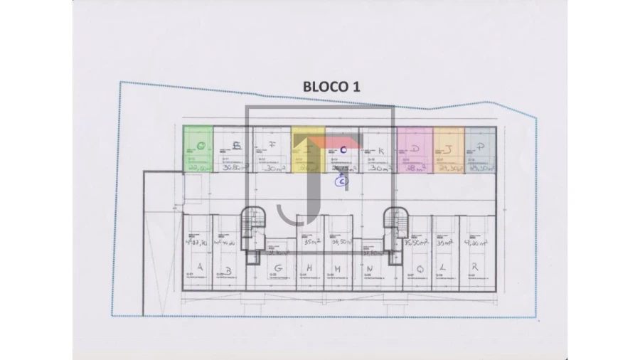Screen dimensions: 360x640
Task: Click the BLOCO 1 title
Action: [x=331, y=86]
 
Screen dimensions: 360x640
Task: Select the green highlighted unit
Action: [x=198, y=148]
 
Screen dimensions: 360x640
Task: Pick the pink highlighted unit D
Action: [x=415, y=149]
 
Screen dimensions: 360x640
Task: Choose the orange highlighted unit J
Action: [x=449, y=149]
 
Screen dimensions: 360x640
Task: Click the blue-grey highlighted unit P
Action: [x=481, y=149]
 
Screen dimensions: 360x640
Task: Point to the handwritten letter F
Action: [x=273, y=144]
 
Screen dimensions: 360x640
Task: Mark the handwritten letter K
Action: [x=381, y=150]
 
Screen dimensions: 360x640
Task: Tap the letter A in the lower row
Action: [x=200, y=268]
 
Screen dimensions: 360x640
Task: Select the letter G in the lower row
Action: [x=279, y=268]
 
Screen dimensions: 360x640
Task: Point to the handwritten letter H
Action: [x=309, y=268]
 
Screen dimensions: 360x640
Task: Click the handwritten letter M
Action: [x=338, y=268]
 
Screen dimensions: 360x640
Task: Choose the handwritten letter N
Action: [x=369, y=268]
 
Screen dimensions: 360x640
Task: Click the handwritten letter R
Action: [x=474, y=268]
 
